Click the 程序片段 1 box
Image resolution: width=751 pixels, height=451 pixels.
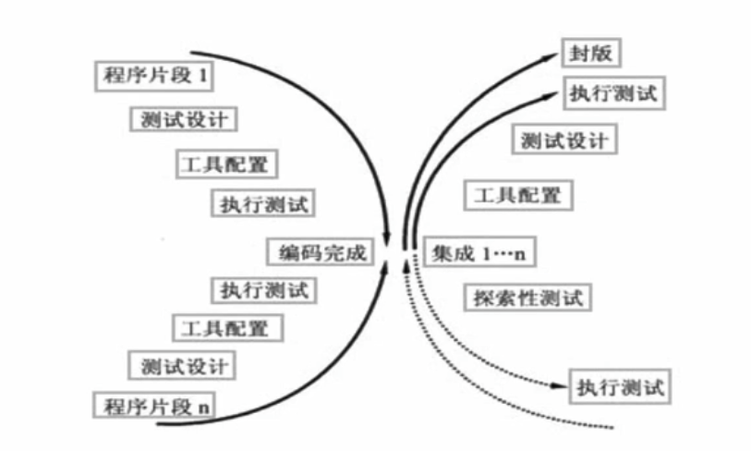click(x=154, y=75)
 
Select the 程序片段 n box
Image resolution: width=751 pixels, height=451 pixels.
click(x=154, y=405)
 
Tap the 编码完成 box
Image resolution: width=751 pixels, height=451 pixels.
click(x=320, y=251)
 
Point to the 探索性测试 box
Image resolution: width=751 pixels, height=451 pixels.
click(x=526, y=298)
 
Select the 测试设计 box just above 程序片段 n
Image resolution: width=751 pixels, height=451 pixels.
click(x=181, y=364)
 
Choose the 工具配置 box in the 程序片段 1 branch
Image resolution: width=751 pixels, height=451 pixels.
click(x=226, y=163)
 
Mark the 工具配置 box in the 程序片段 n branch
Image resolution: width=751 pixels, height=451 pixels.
click(x=226, y=327)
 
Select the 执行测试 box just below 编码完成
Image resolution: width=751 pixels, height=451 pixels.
click(x=264, y=289)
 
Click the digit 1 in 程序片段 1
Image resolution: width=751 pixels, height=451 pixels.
click(x=202, y=76)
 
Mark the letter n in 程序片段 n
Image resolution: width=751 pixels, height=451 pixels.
click(x=204, y=406)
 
